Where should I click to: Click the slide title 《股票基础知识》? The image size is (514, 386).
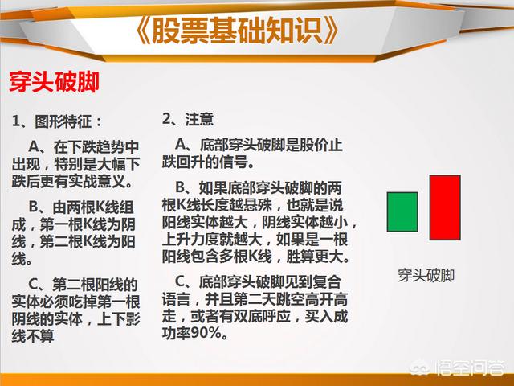pos(237,31)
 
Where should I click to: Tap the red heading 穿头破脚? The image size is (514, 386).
pos(54,81)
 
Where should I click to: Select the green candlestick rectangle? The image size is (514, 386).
pos(402,212)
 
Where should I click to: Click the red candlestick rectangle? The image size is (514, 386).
pos(445,207)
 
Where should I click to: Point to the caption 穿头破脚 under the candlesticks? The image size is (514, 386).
pos(426,275)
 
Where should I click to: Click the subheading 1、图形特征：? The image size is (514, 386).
pos(57,121)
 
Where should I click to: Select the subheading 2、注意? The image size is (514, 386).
pos(188,119)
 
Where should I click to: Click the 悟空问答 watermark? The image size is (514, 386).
pos(459,368)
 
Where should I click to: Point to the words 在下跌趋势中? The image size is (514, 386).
pos(96,146)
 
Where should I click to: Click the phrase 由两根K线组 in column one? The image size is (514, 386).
pos(93,207)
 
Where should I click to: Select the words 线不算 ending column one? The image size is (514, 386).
pos(33,336)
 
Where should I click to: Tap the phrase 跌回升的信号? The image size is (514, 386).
pos(205,162)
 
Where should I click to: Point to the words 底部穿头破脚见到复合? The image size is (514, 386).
pos(270,282)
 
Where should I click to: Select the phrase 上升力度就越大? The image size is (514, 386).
pos(212,240)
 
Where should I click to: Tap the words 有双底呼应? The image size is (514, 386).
pos(255,316)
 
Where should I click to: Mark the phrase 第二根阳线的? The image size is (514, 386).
pos(95,285)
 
